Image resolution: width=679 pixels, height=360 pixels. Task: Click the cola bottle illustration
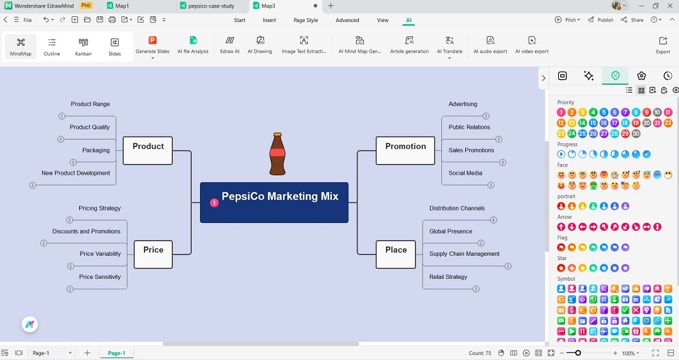277,154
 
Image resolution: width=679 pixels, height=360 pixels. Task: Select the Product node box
148,151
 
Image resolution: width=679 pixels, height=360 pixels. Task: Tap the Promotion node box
406,151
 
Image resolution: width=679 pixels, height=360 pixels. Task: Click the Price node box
153,254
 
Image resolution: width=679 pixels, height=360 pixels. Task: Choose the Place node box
396,254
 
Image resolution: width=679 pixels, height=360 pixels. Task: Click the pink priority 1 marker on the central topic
214,202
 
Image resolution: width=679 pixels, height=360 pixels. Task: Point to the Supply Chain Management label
464,254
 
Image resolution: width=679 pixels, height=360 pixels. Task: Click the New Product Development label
76,173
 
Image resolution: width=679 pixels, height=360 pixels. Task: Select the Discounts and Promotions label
87,231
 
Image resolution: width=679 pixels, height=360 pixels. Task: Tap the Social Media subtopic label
465,173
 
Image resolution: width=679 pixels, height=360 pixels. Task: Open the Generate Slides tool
152,45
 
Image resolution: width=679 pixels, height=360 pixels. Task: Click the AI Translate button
450,45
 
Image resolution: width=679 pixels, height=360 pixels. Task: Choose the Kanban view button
83,46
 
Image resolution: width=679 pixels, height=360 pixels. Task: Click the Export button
663,45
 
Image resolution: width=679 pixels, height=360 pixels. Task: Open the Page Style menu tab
306,20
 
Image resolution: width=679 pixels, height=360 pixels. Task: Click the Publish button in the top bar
600,20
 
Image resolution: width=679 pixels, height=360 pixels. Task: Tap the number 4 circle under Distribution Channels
494,220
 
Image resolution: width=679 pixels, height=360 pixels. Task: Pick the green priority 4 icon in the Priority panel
593,112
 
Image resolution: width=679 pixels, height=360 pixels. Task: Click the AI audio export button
490,45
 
